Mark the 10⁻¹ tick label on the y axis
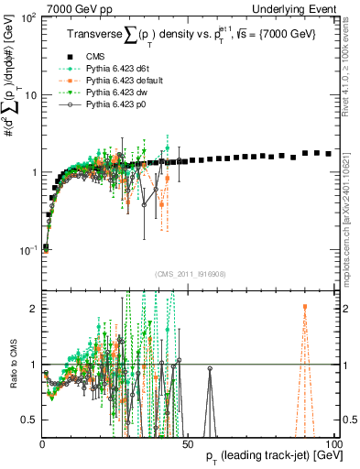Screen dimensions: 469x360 click(x=28, y=250)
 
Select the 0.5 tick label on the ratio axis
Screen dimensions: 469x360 click(x=30, y=420)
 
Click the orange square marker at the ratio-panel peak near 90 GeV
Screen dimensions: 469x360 click(x=305, y=307)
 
